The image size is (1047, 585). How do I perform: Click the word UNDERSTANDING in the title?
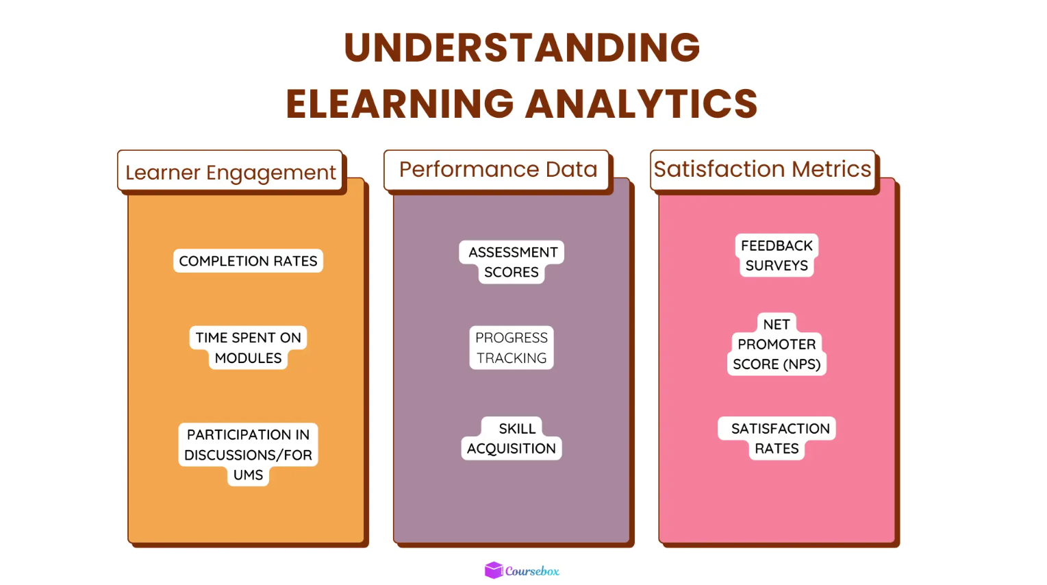coord(522,47)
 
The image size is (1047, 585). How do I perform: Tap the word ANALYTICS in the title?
coord(642,103)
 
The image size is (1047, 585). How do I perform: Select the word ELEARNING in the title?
coord(400,103)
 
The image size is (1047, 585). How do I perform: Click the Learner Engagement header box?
coord(230,171)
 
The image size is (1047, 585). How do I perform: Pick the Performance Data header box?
coord(497,169)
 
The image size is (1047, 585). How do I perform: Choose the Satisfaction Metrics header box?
coord(762,169)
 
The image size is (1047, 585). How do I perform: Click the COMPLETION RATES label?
coord(248,261)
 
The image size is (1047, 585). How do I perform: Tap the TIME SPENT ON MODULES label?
coord(248,348)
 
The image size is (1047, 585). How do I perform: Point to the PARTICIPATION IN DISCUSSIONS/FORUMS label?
coord(248,454)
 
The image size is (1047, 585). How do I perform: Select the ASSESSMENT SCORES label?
coord(512,262)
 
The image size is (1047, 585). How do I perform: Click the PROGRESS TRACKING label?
coord(512,348)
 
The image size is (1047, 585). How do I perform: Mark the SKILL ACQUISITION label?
coord(512,438)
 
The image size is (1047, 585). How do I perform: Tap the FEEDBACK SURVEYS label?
coord(777,256)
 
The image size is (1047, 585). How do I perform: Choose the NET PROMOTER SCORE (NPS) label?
coord(777,345)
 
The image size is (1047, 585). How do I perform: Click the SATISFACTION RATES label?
coord(777,438)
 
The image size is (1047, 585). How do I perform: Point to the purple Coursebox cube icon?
coord(494,570)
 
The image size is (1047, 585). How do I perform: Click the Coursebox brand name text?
coord(532,571)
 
